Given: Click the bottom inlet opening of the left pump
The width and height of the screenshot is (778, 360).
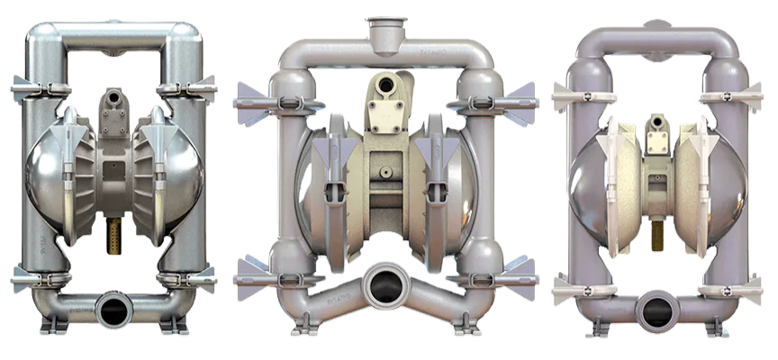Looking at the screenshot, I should tap(114, 311).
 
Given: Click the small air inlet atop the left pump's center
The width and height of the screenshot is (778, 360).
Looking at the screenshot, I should tap(114, 96).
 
